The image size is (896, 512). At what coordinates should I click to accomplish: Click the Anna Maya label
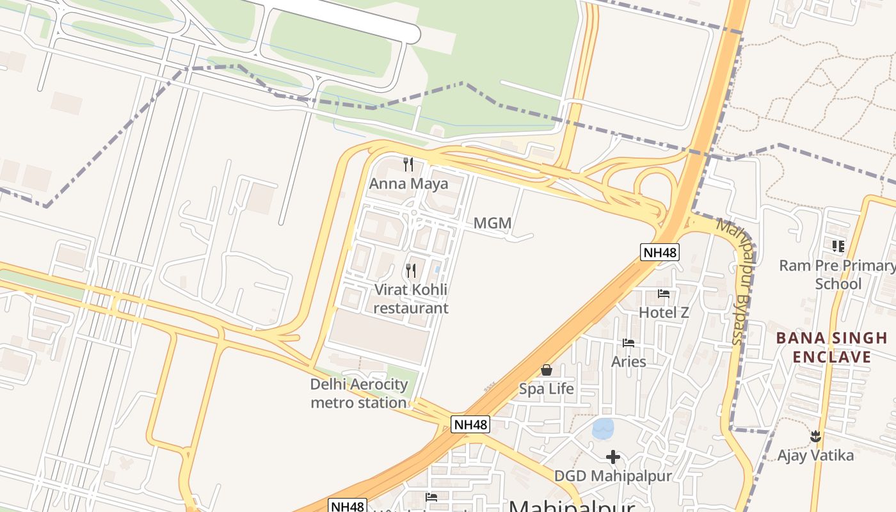408,184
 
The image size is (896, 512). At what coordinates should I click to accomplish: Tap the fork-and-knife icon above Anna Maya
408,164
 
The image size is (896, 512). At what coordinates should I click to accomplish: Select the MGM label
492,223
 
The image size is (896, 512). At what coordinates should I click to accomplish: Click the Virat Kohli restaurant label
411,299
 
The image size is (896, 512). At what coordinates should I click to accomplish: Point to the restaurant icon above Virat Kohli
411,271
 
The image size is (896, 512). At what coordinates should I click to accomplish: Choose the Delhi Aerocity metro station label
358,393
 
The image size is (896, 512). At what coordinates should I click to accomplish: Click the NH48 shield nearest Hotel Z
660,252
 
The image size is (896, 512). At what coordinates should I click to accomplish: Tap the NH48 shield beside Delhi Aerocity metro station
470,424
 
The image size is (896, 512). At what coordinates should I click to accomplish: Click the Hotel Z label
664,312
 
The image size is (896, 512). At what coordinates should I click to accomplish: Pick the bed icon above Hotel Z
664,294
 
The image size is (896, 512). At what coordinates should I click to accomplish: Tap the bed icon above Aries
628,343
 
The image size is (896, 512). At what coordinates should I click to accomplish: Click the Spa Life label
546,388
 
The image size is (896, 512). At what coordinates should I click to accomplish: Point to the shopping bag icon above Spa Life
547,370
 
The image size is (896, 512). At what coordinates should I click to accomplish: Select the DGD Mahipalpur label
613,476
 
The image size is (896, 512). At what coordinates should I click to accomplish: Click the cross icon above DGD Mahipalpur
613,457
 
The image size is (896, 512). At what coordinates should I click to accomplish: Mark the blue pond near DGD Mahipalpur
603,428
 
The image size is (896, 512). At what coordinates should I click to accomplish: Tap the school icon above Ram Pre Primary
838,246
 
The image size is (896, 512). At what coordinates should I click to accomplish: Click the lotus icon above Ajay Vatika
815,436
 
